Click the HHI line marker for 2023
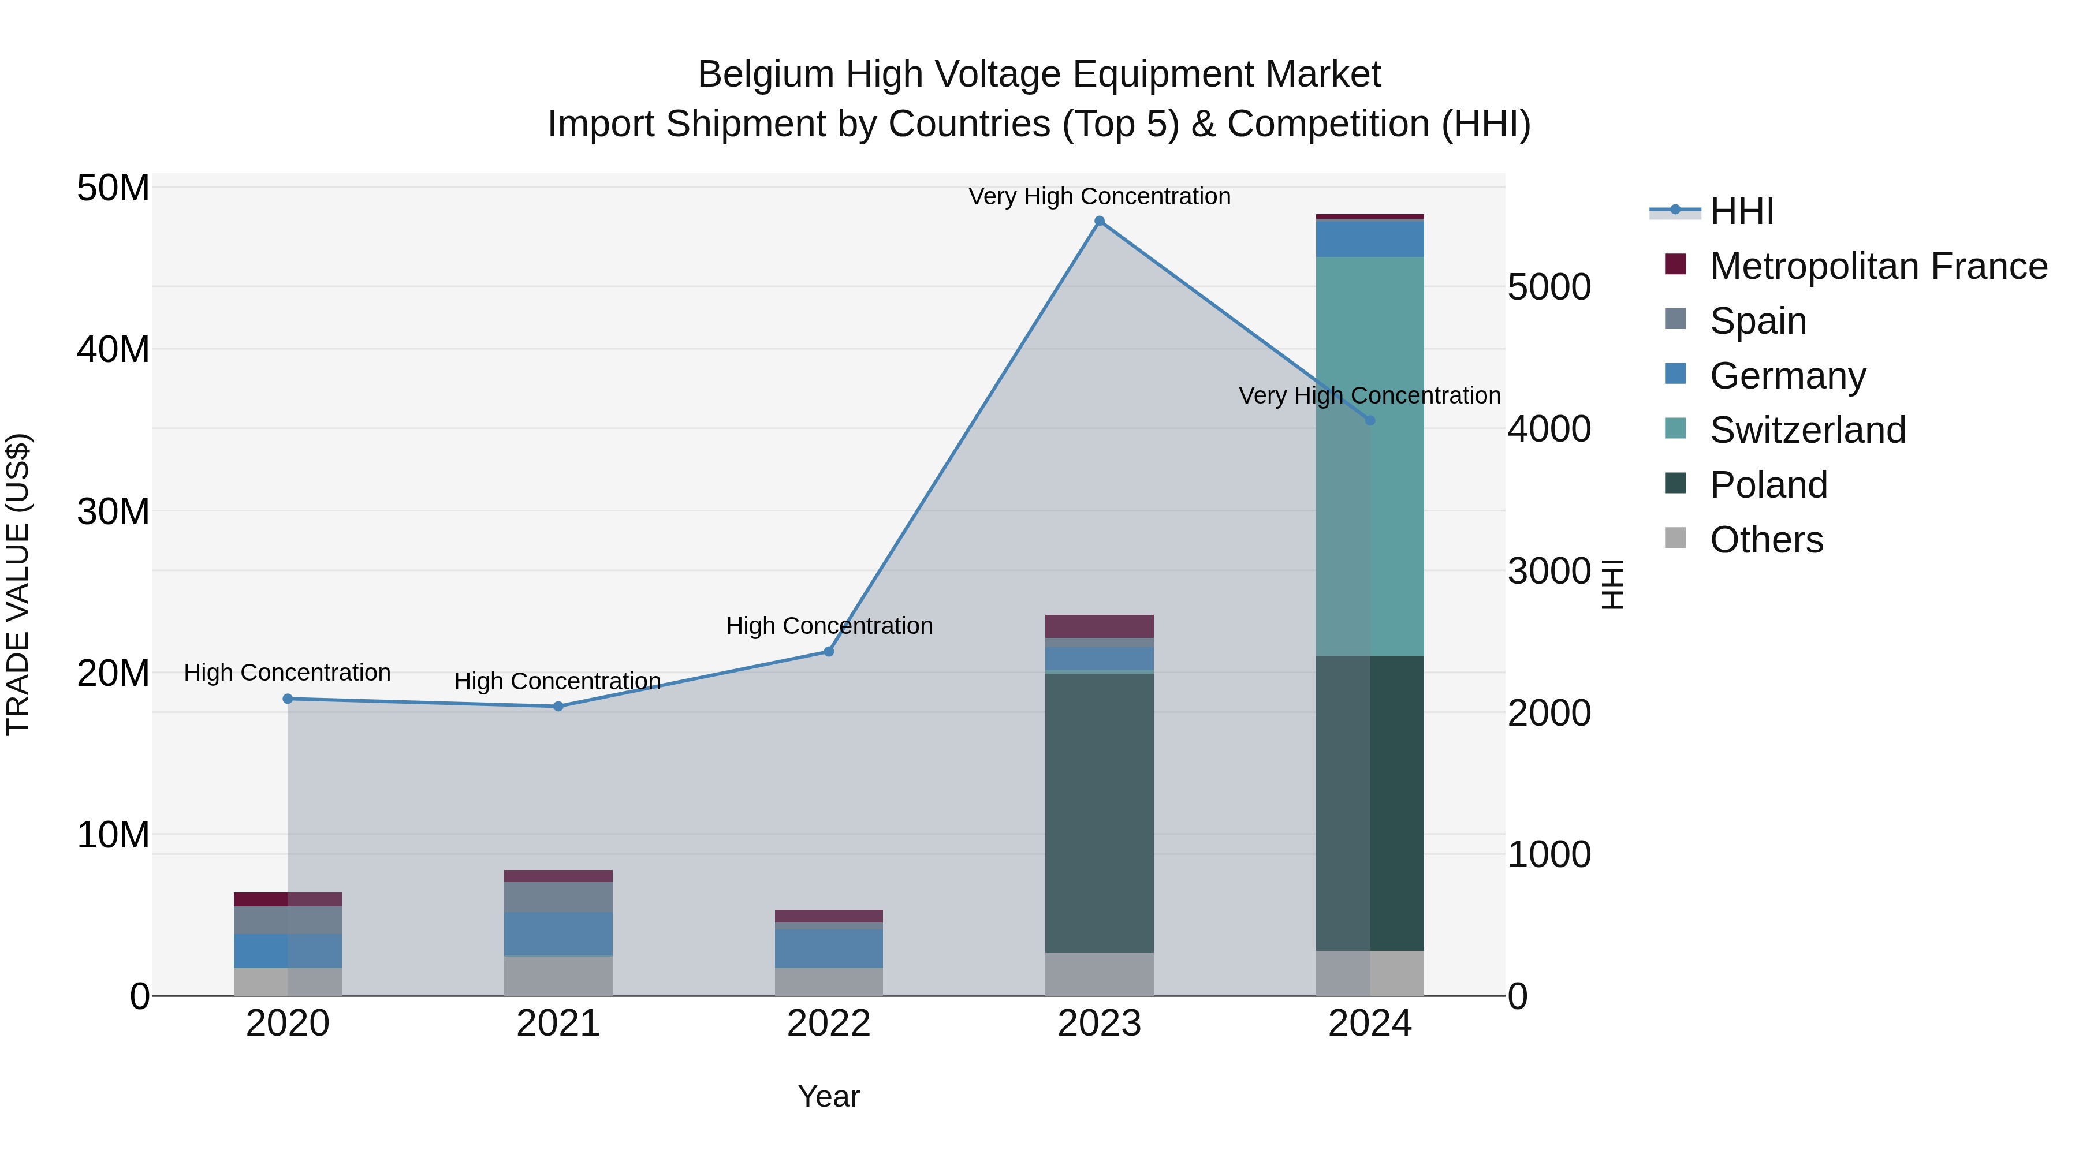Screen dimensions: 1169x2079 tap(1099, 221)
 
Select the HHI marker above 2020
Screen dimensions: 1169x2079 tap(288, 699)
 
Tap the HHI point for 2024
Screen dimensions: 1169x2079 tap(1370, 420)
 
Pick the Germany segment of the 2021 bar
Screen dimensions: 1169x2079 tap(558, 933)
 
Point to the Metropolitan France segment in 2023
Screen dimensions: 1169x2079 tap(1099, 626)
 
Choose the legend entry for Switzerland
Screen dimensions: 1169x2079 tap(1807, 430)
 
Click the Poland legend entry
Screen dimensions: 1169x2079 tap(1768, 485)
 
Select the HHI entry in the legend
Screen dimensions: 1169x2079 tap(1742, 211)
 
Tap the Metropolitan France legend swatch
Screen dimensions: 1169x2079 tap(1675, 264)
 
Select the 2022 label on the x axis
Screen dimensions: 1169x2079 tap(828, 1024)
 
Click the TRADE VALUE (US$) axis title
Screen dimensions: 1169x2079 tap(18, 584)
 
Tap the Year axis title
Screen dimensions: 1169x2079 tap(828, 1096)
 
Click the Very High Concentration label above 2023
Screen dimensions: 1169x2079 tap(1099, 196)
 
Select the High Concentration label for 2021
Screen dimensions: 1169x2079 tap(558, 681)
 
